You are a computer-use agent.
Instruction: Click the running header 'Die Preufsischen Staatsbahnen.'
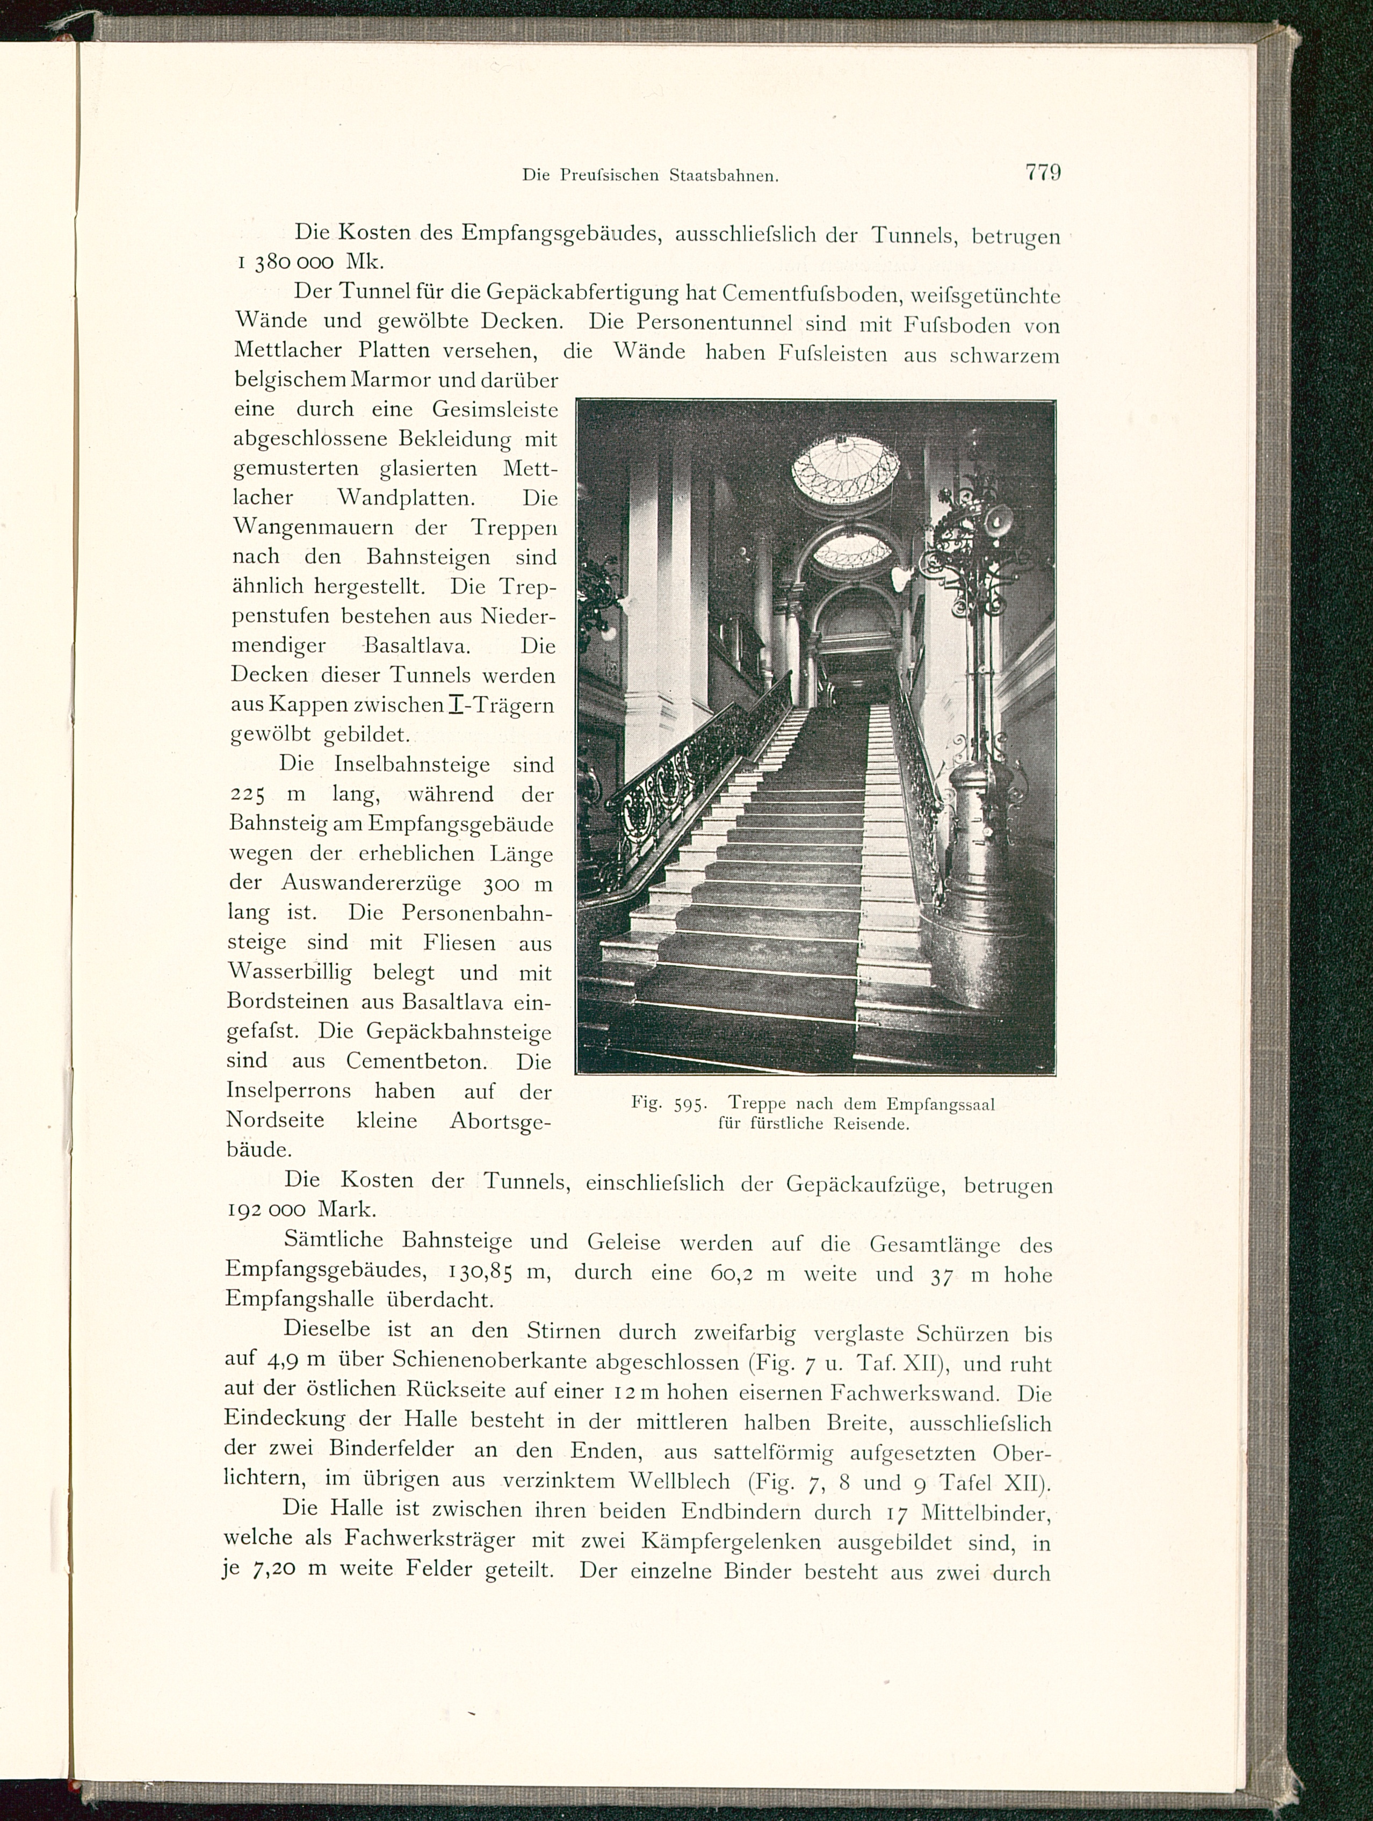point(651,175)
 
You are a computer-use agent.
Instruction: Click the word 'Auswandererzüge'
point(371,883)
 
